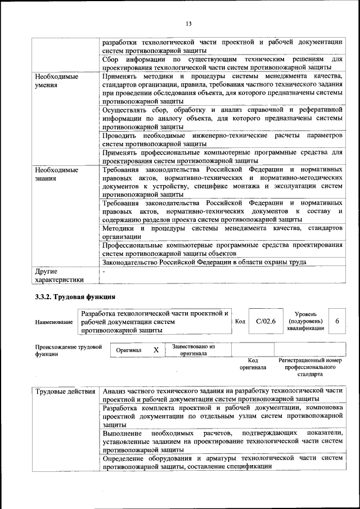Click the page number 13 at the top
pyautogui.click(x=188, y=24)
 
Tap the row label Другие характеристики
pyautogui.click(x=59, y=275)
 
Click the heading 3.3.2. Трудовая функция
pyautogui.click(x=75, y=297)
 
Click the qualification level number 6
pyautogui.click(x=337, y=321)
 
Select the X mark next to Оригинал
pyautogui.click(x=156, y=350)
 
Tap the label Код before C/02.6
pyautogui.click(x=240, y=321)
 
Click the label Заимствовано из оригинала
pyautogui.click(x=193, y=350)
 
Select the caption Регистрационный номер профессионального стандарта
pyautogui.click(x=310, y=367)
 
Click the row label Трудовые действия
pyautogui.click(x=65, y=391)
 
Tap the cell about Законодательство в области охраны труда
pyautogui.click(x=204, y=262)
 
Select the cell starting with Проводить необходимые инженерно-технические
pyautogui.click(x=222, y=140)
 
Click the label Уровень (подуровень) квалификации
pyautogui.click(x=305, y=321)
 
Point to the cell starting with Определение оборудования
pyautogui.click(x=222, y=462)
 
